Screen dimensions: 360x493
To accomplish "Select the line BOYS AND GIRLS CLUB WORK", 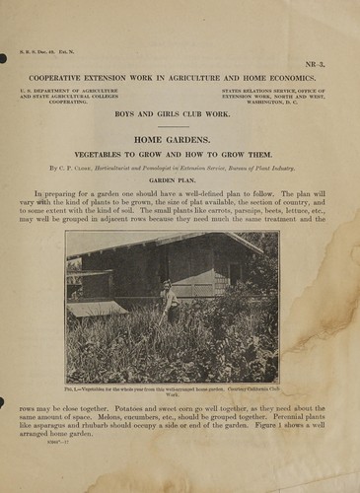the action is click(x=180, y=116).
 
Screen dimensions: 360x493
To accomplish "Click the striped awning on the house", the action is click(x=97, y=309).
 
